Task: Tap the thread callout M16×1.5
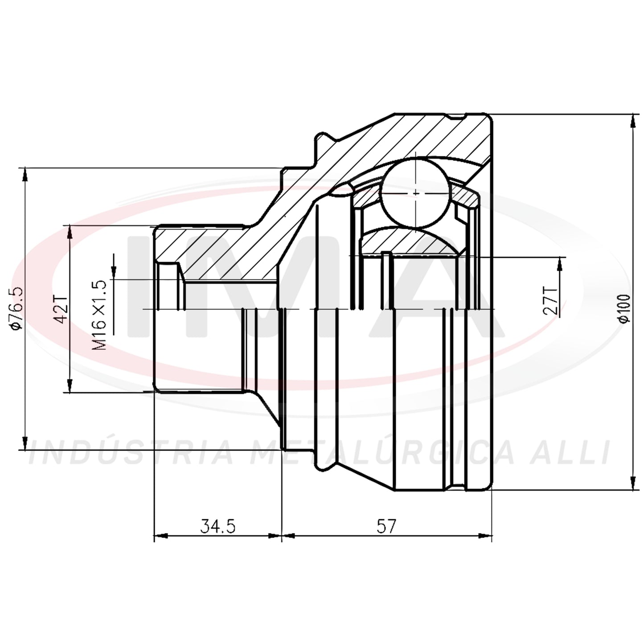coord(99,315)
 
